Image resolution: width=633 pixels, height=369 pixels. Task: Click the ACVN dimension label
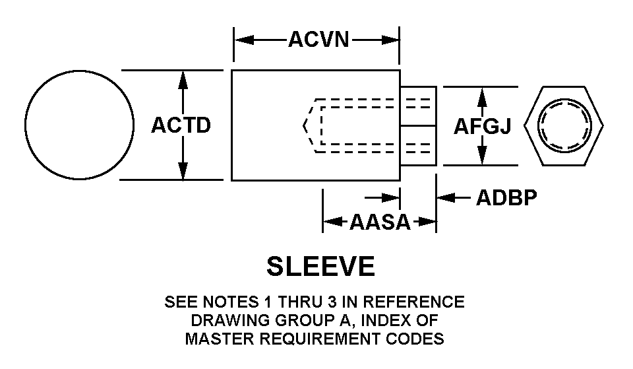[318, 40]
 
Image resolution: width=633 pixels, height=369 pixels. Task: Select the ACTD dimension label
[181, 125]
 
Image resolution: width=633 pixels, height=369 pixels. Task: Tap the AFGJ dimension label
[482, 126]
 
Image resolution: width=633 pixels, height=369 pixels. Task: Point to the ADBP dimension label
[506, 197]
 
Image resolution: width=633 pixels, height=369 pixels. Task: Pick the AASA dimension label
[380, 222]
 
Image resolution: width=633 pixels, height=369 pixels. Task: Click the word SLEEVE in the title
[320, 267]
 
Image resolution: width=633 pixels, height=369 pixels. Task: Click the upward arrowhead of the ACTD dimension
[183, 79]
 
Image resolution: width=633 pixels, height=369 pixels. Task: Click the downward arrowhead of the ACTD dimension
[183, 170]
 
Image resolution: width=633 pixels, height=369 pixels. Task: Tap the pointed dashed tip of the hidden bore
[305, 125]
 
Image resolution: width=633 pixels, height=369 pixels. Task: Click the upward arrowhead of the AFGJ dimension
[482, 96]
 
